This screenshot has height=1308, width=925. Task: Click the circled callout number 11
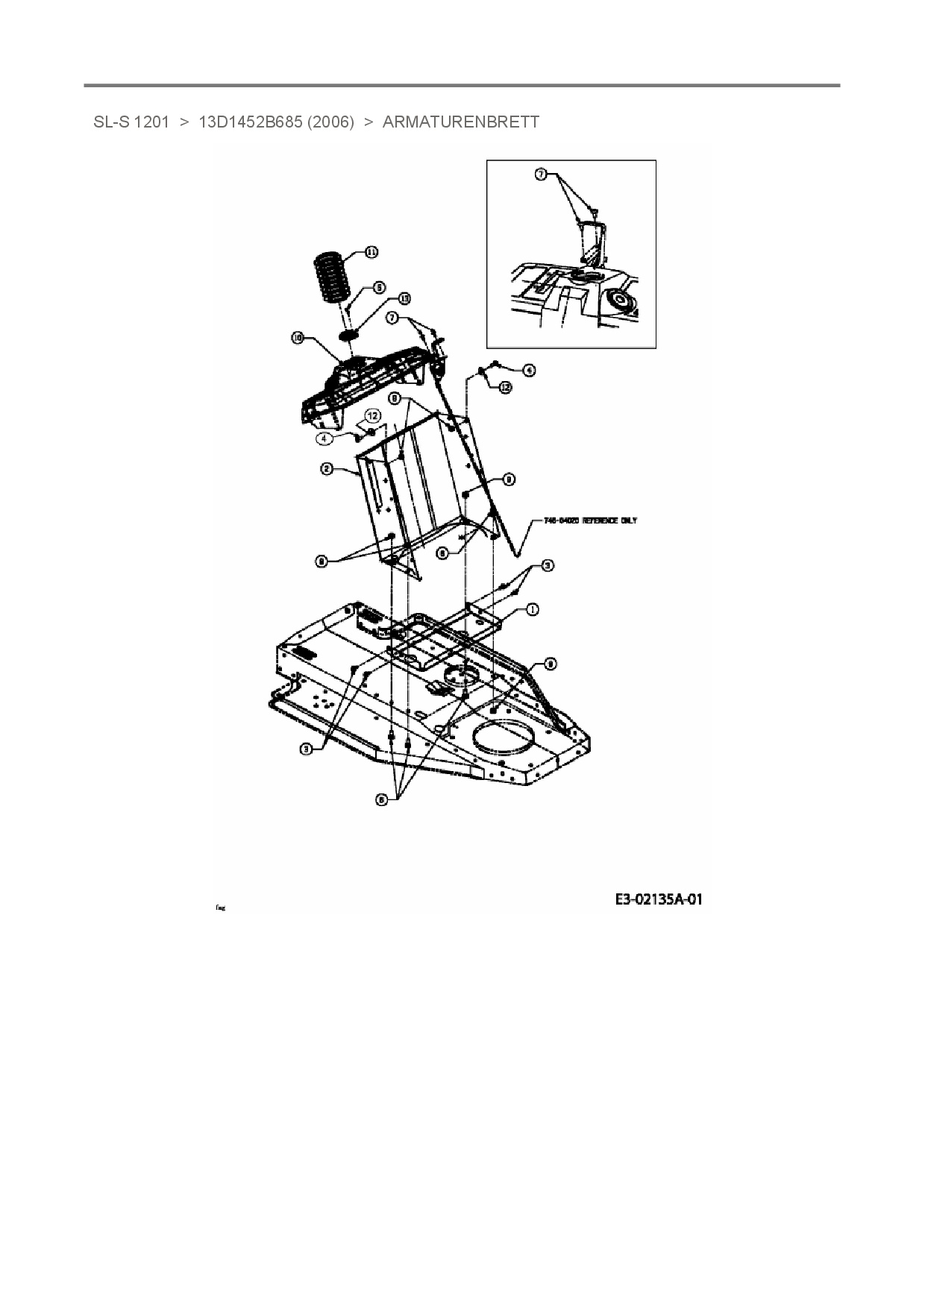coord(371,252)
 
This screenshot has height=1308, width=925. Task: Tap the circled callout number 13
coord(404,298)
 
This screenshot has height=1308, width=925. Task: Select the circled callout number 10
coord(298,339)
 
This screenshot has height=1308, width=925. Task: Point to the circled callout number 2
coord(326,469)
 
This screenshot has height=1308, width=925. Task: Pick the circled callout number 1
coord(532,609)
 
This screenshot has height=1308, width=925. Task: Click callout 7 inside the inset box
coord(541,174)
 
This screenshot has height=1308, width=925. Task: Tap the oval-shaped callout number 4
coord(324,438)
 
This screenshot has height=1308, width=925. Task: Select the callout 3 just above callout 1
coord(547,566)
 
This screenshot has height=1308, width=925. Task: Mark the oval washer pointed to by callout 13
coord(348,336)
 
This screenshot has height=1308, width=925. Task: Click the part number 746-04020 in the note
coord(557,521)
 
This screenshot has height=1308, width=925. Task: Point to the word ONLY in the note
coord(629,521)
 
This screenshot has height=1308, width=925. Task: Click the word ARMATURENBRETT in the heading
coord(460,122)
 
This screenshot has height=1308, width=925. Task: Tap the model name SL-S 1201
coord(131,122)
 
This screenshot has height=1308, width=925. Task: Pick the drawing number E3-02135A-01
coord(658,899)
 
